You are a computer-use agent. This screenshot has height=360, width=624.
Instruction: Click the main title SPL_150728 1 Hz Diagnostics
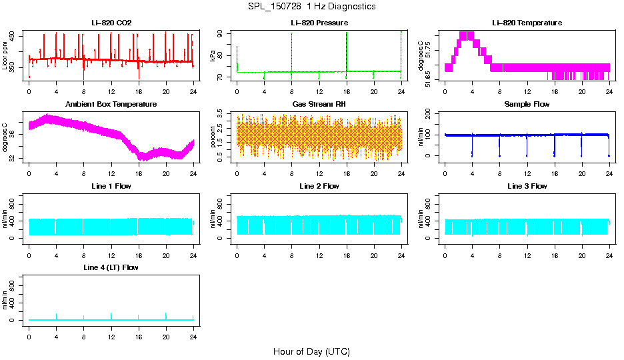tap(311, 7)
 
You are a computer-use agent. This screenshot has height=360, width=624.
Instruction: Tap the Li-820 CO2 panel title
tap(111, 23)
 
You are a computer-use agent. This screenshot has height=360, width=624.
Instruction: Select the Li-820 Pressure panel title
tap(319, 23)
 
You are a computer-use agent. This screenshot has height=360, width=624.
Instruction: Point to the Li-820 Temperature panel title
tap(527, 23)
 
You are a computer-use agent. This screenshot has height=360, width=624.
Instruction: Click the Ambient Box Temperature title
tap(111, 105)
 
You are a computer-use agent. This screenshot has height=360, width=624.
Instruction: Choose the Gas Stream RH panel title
tap(319, 105)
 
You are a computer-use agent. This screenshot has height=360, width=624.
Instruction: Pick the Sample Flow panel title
tap(527, 105)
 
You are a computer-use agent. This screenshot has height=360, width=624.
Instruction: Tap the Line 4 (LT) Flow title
tap(111, 267)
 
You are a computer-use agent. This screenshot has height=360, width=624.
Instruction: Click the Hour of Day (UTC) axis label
tap(311, 351)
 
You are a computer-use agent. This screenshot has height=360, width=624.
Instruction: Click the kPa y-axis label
tap(213, 57)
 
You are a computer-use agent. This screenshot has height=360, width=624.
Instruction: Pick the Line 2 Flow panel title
tap(319, 186)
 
